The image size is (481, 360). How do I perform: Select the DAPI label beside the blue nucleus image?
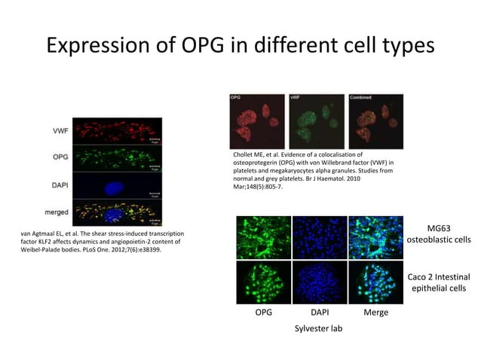coord(62,184)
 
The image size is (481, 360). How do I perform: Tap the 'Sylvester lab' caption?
coord(317,328)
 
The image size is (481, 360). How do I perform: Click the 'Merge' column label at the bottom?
coord(375,311)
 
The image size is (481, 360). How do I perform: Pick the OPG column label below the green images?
coord(264,311)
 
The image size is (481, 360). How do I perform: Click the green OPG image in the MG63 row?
coord(263,236)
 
